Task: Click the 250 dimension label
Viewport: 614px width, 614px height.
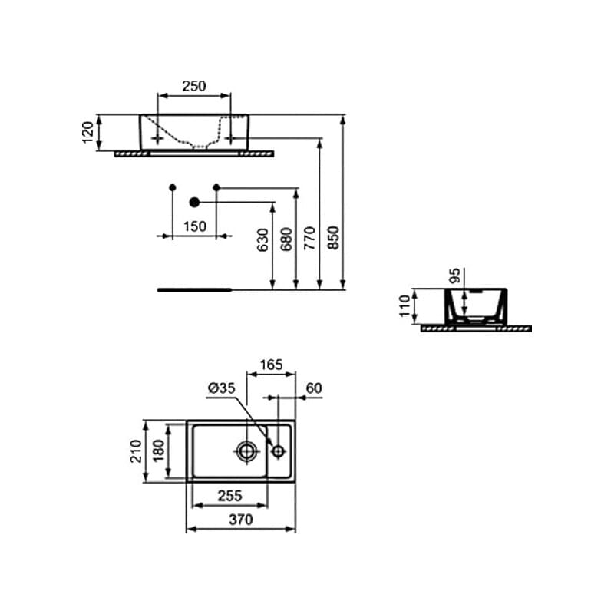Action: pyautogui.click(x=194, y=86)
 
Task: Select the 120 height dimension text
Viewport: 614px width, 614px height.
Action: pyautogui.click(x=88, y=132)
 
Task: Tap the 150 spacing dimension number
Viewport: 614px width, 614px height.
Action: pyautogui.click(x=195, y=226)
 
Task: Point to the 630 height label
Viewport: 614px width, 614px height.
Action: pyautogui.click(x=262, y=239)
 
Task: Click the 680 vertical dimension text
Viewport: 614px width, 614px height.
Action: pyautogui.click(x=286, y=239)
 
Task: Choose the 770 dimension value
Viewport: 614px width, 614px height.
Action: pyautogui.click(x=309, y=238)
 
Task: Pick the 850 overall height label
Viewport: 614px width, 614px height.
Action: pyautogui.click(x=333, y=237)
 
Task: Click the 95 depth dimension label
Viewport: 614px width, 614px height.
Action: pyautogui.click(x=454, y=276)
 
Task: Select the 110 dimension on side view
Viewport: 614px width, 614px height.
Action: pyautogui.click(x=405, y=305)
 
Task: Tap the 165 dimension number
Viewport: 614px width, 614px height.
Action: pyautogui.click(x=272, y=365)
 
